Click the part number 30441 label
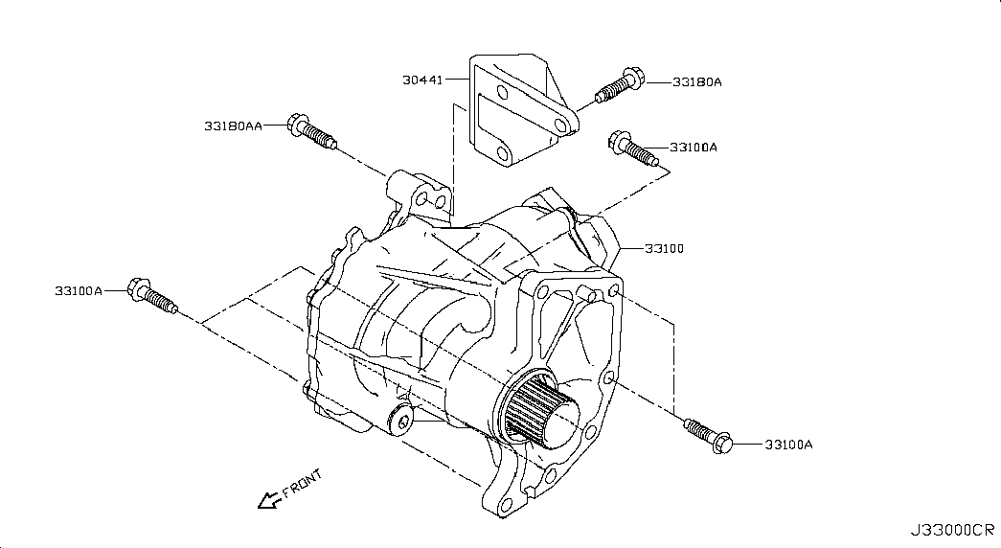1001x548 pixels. tap(422, 80)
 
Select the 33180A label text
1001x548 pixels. tap(697, 82)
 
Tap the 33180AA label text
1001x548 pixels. tap(233, 126)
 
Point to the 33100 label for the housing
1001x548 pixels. tap(664, 248)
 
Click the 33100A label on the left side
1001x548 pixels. tap(79, 291)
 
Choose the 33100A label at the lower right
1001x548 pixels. tap(789, 445)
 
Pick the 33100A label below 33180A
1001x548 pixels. tap(694, 148)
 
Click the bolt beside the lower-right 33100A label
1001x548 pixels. tap(708, 436)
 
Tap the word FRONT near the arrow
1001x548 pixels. tap(302, 484)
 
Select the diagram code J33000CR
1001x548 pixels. tap(952, 530)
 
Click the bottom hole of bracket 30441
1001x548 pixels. tap(502, 154)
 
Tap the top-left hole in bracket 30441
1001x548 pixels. tap(503, 94)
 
